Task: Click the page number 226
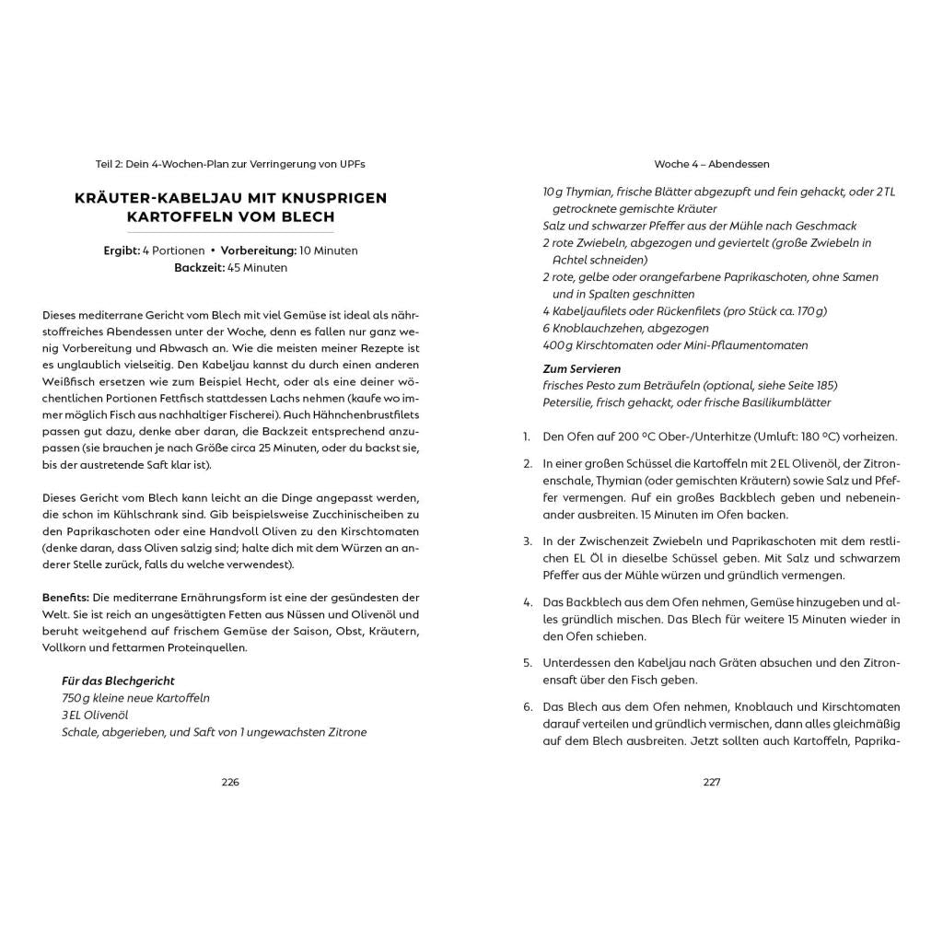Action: [x=230, y=782]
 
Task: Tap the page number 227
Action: [x=711, y=782]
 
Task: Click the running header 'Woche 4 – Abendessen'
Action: [x=712, y=164]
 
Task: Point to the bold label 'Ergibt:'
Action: [x=122, y=250]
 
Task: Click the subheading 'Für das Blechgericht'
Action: [x=118, y=681]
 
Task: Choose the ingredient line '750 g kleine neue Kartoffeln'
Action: [x=135, y=698]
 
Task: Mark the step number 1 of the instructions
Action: [x=527, y=437]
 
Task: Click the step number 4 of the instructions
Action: [x=528, y=602]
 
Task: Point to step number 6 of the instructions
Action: [x=528, y=706]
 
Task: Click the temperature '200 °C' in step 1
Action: [x=628, y=437]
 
